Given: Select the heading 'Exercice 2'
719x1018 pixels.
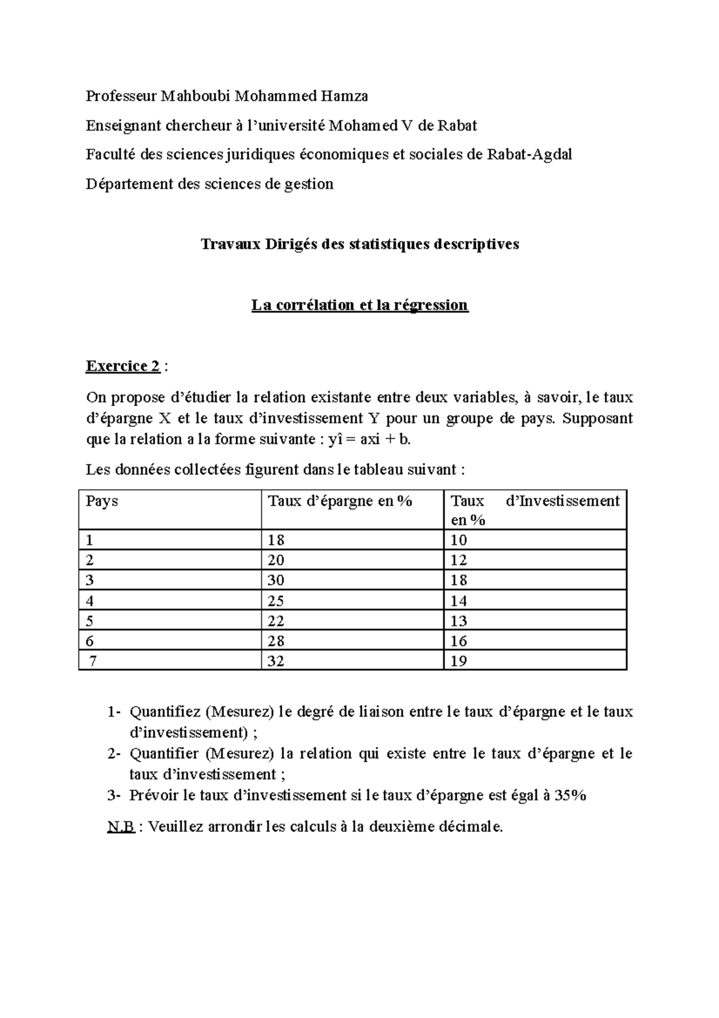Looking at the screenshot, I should [x=123, y=366].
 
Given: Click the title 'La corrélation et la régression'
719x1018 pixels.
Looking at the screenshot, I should [x=359, y=305].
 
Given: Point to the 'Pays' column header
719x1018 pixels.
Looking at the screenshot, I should [x=102, y=501].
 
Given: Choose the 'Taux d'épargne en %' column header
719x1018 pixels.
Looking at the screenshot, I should [x=340, y=501].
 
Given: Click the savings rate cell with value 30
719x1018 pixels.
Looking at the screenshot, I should [x=276, y=580].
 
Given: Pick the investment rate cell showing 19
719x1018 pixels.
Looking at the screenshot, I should [x=459, y=661].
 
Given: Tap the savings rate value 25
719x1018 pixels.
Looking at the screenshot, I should [x=276, y=601].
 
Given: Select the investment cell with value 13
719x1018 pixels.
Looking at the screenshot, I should [x=459, y=621].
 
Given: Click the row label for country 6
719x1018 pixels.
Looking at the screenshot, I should [x=90, y=641].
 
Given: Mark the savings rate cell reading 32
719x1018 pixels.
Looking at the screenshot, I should [x=276, y=661].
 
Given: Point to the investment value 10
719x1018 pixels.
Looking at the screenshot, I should [x=459, y=540].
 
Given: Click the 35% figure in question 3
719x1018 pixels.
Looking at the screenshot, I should [x=570, y=796].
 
